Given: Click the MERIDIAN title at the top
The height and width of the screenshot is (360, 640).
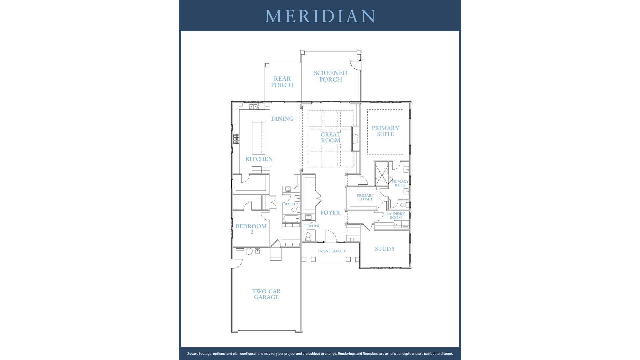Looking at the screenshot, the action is [x=320, y=16].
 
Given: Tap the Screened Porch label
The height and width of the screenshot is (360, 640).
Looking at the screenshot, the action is [x=331, y=76].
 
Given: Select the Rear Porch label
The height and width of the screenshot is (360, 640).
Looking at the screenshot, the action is [x=282, y=82].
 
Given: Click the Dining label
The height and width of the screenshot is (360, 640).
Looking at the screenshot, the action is [x=282, y=119].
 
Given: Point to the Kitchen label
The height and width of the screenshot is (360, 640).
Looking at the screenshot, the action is [x=259, y=159].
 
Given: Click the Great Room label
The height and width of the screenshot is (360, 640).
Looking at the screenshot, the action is [x=331, y=137].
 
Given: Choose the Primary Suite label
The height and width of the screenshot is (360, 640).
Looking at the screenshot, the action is [x=385, y=131].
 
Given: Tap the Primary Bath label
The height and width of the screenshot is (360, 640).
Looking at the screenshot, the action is [x=400, y=183].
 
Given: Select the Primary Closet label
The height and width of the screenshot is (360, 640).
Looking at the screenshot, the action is [x=365, y=197].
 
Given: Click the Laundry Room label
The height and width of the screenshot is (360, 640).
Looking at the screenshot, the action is [x=396, y=216].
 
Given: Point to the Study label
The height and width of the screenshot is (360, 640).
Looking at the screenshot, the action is [x=385, y=249].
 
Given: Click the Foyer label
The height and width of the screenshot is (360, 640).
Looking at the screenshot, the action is [x=330, y=213].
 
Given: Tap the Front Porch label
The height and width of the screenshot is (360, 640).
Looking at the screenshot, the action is [x=331, y=251].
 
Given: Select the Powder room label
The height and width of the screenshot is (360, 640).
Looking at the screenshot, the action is [x=311, y=226].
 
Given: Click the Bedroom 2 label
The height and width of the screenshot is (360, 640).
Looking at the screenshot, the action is [x=251, y=229].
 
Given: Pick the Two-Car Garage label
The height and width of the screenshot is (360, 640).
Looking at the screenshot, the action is [x=266, y=294].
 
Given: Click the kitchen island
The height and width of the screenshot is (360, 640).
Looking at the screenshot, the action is [x=258, y=138].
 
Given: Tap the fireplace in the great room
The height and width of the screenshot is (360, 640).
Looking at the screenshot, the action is [x=356, y=139].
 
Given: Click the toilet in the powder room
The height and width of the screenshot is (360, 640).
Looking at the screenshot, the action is [x=308, y=236].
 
